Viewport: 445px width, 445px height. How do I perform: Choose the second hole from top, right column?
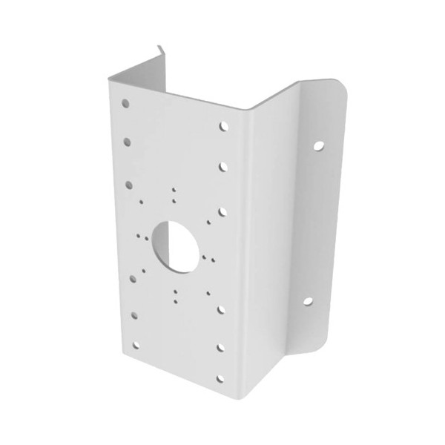tap(223, 167)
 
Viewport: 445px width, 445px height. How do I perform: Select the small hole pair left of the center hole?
tap(139, 237)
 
